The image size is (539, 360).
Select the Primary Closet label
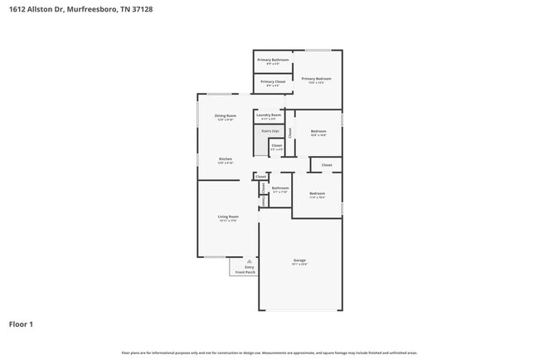coord(273,81)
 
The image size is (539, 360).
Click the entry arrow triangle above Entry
coord(249,260)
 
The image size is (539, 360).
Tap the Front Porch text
coord(245,271)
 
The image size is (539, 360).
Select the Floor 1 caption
coord(21,324)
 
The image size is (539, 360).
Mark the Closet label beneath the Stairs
coord(277,145)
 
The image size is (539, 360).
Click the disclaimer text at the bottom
coord(269,353)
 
